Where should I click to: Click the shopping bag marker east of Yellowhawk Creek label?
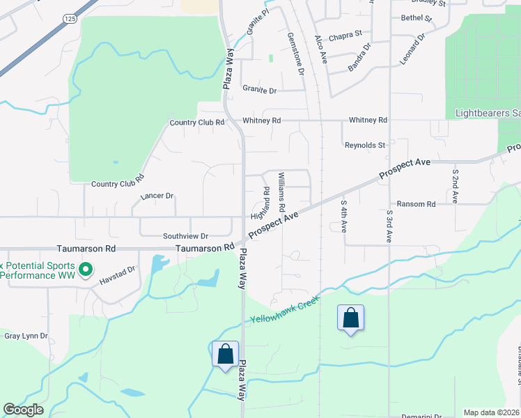[x=350, y=318]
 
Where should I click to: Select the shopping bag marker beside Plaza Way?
[x=226, y=354]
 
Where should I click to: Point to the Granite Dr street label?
[x=259, y=90]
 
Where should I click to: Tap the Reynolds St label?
[x=365, y=145]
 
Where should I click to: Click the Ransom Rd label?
[x=417, y=204]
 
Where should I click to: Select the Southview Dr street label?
[x=185, y=236]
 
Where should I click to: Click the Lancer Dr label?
[x=157, y=196]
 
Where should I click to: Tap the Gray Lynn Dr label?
[x=26, y=336]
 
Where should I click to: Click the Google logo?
[x=23, y=410]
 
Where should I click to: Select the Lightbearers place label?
[x=488, y=113]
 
